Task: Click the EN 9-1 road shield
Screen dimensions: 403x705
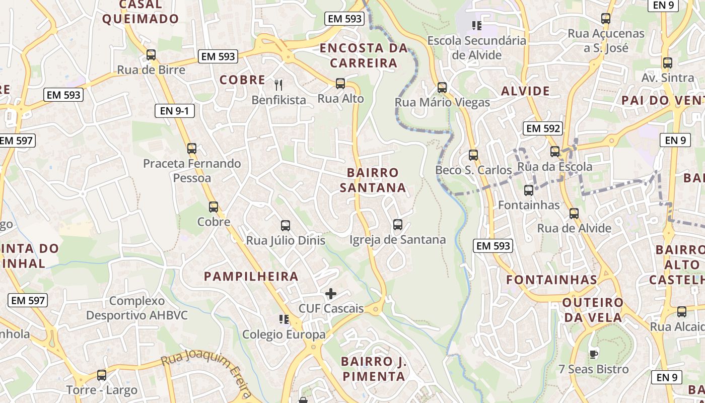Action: tap(174, 111)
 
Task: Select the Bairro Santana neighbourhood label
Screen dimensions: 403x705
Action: tap(373, 180)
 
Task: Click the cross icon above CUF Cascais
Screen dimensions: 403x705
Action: tap(331, 294)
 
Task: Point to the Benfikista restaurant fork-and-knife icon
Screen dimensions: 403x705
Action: tap(278, 85)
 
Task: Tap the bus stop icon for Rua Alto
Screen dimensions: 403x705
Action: tap(340, 83)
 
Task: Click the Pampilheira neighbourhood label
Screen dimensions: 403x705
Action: tap(251, 277)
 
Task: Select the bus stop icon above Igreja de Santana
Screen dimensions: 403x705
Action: tap(398, 224)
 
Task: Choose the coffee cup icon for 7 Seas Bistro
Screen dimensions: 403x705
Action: tap(594, 354)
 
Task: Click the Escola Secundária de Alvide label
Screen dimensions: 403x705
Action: tap(476, 47)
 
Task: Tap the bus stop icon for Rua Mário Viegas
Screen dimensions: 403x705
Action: tap(442, 87)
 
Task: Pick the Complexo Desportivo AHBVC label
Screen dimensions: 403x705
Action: tap(137, 308)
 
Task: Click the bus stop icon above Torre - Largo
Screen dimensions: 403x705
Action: tap(102, 375)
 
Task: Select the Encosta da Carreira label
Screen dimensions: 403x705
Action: tap(364, 55)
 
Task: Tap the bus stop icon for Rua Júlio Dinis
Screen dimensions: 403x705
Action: tap(286, 225)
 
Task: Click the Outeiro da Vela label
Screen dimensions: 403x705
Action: tap(593, 310)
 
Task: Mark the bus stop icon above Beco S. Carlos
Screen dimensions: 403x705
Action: tap(473, 155)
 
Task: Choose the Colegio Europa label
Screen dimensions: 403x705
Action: tap(284, 334)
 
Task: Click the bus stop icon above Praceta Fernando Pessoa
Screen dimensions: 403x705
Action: tap(192, 149)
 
